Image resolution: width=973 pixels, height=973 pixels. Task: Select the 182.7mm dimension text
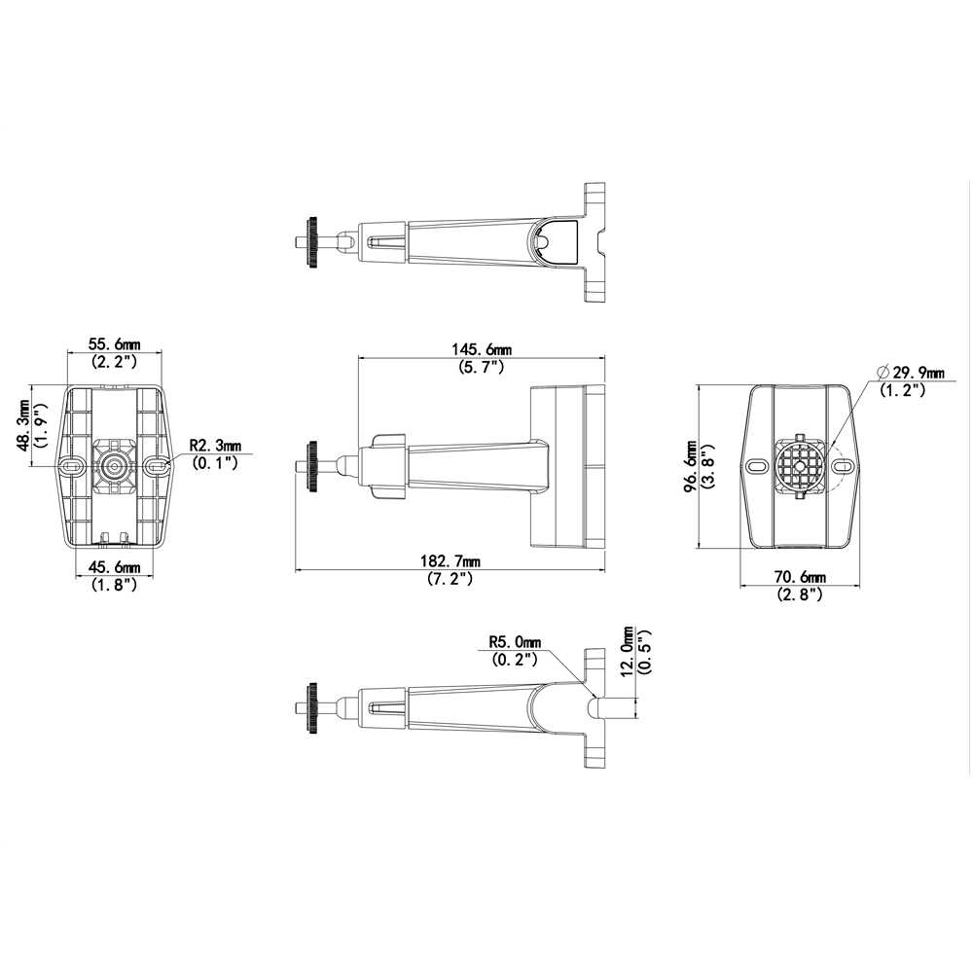(x=450, y=562)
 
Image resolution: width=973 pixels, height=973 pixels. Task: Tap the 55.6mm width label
(x=114, y=343)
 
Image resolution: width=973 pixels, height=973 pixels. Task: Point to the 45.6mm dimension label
(x=114, y=567)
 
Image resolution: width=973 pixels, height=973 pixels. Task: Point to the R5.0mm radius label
(x=515, y=642)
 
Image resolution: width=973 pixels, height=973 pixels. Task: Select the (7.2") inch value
(x=450, y=579)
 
